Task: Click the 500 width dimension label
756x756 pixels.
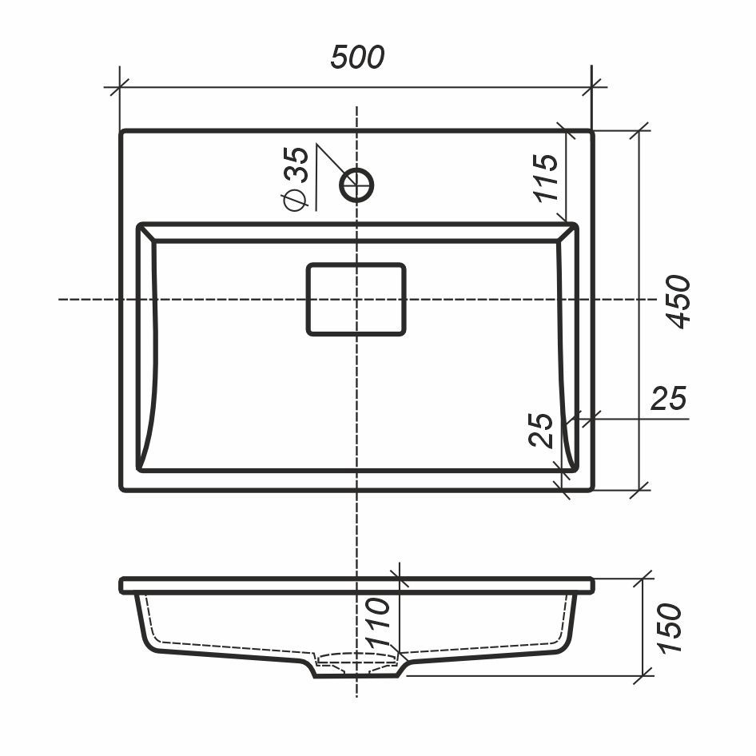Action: pos(357,57)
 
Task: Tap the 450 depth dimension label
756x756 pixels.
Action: pos(678,302)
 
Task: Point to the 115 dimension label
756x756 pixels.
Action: pos(546,177)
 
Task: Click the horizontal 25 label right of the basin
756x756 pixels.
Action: pos(668,398)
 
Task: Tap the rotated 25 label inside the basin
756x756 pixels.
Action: pos(541,430)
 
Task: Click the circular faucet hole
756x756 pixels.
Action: pos(356,185)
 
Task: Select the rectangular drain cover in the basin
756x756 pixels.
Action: pos(356,300)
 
